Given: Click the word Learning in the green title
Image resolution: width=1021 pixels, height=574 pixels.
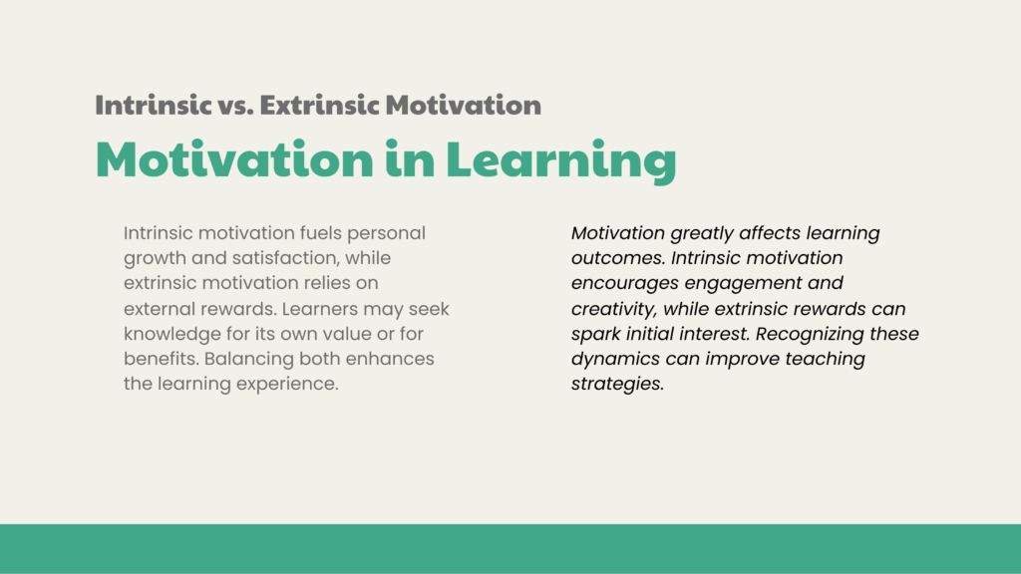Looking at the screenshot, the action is point(561,160).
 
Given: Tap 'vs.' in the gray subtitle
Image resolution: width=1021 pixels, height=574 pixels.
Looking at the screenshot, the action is point(235,106).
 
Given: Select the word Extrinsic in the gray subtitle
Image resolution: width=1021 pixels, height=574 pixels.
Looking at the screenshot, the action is point(319,105).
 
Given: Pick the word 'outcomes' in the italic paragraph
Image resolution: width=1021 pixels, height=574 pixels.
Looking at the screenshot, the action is point(618,258).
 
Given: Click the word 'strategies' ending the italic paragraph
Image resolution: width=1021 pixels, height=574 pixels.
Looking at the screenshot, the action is point(617,385).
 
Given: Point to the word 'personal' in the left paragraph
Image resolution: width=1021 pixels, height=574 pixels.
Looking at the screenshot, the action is point(386,233).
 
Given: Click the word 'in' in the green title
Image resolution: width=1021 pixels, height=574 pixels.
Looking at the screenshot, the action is point(410,158).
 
